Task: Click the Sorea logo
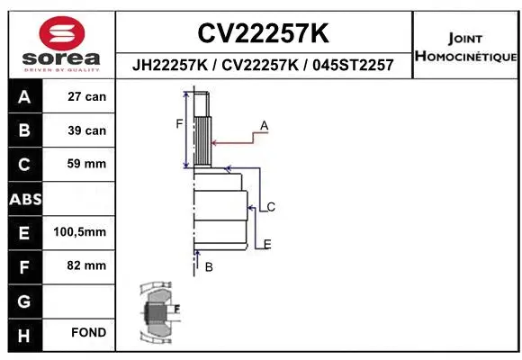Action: coord(61,42)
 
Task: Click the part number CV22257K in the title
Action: coord(263,34)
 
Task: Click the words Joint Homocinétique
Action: coord(465,48)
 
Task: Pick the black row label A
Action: coord(24,96)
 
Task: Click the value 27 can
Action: coord(86,96)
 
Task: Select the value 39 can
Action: coord(86,130)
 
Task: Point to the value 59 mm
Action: coord(86,164)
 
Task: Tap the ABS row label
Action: coord(24,198)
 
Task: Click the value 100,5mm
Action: coord(80,232)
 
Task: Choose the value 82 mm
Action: coord(86,265)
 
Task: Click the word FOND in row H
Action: coord(88,333)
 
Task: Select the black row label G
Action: coord(24,300)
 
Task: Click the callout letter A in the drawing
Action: coord(265,124)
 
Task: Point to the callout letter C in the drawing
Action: coord(270,207)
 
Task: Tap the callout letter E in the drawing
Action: coord(267,244)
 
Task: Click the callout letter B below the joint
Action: coord(208,267)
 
